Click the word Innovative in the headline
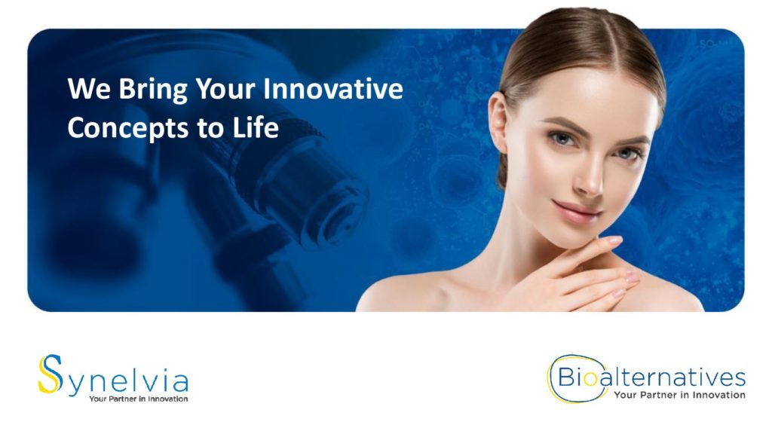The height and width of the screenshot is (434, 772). click(332, 89)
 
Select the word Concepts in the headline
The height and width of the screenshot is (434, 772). click(128, 129)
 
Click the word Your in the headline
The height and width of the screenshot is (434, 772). click(225, 89)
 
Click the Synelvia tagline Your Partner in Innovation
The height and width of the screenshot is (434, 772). click(139, 399)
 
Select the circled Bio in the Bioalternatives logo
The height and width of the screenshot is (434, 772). click(571, 378)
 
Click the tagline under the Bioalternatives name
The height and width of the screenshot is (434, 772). click(679, 395)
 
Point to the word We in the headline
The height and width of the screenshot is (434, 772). click(89, 89)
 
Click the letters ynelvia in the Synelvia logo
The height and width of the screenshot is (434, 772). click(127, 383)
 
